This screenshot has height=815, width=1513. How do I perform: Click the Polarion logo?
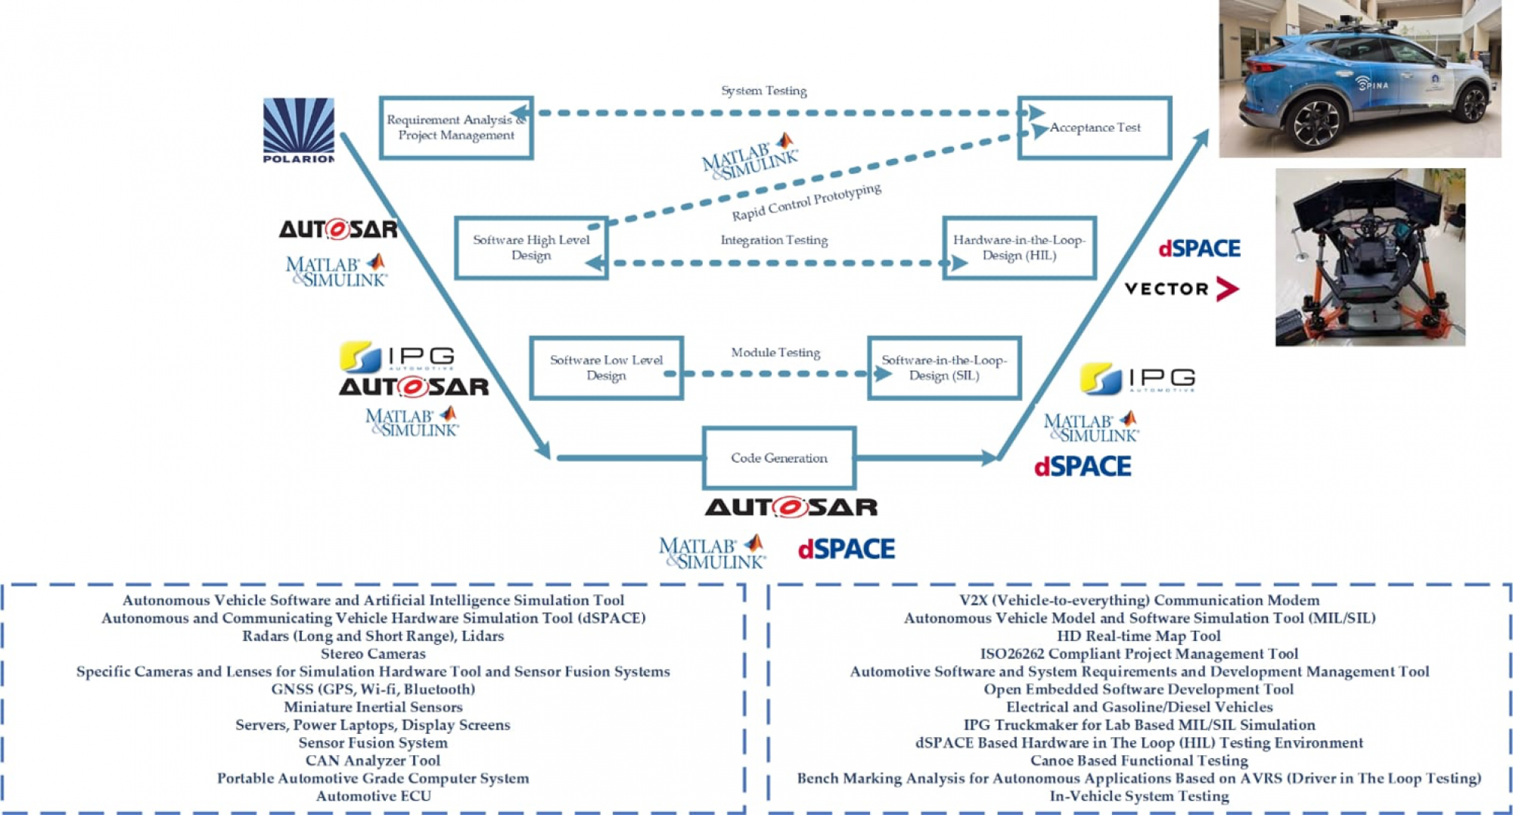pos(298,130)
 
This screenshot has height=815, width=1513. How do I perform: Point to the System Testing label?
pos(764,91)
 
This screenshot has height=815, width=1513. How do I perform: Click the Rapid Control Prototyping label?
pos(806,202)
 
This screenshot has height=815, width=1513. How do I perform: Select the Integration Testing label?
pos(774,240)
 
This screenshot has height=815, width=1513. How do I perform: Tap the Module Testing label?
pos(775,353)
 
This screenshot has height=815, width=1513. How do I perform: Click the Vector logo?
pos(1182,288)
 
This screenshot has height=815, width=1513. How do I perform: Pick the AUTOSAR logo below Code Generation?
pos(791,507)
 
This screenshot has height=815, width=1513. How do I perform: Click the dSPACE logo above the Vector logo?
pos(1200,248)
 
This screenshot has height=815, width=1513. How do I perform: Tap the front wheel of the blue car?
pos(1318,123)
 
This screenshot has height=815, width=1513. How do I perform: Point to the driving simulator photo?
pos(1370,257)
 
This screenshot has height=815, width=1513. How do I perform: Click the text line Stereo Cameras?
pos(373,654)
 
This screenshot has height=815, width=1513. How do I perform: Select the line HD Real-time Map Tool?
pos(1139,636)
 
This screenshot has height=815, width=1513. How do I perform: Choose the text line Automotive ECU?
pos(374,796)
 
